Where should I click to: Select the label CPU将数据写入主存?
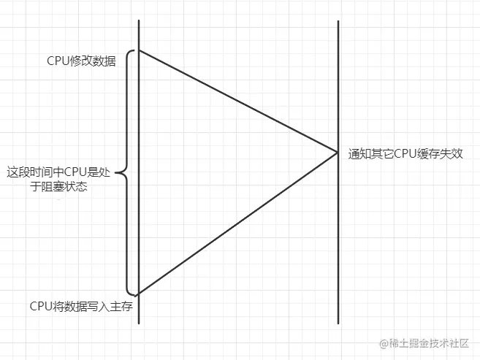point(80,306)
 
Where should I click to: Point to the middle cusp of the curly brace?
point(119,174)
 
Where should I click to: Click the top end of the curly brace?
point(136,50)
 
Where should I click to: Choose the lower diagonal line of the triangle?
point(237,223)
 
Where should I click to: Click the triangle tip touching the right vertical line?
point(337,152)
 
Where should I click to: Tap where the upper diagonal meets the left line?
point(139,50)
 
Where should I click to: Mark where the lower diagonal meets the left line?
point(139,294)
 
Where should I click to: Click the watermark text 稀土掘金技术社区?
point(432,342)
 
